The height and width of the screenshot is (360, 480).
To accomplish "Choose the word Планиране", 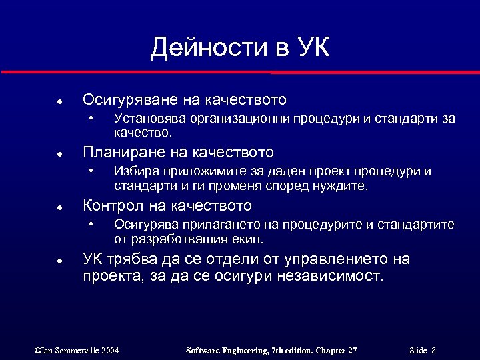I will point(119,153).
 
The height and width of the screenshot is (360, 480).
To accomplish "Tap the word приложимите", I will point(199,171).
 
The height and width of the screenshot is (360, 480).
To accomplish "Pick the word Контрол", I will point(108,205).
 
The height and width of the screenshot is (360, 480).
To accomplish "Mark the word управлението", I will point(331,259).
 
